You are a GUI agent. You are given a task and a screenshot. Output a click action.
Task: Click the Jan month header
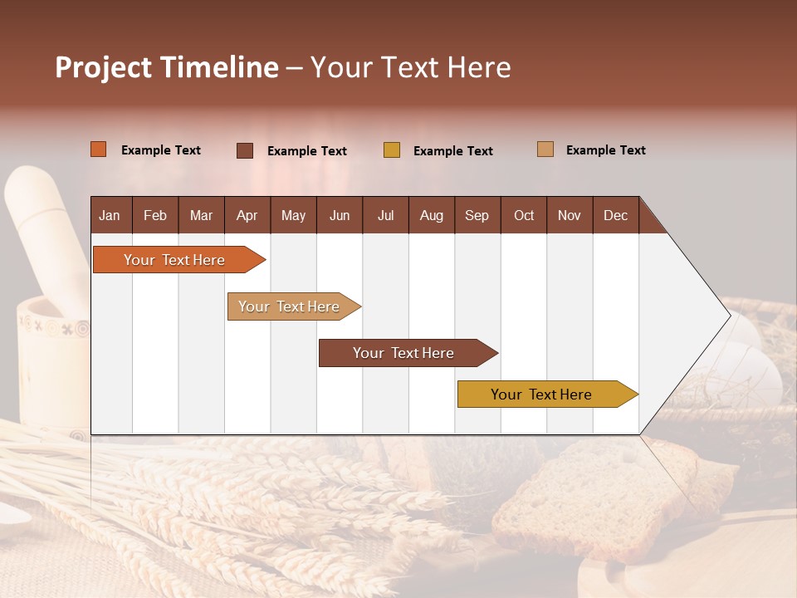click(x=110, y=216)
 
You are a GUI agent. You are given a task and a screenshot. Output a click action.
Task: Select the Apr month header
click(x=247, y=216)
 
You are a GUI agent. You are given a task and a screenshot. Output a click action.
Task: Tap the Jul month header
click(x=385, y=216)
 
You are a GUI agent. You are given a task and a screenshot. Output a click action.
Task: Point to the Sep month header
click(x=477, y=216)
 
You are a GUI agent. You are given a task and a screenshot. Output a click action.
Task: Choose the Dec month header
click(x=615, y=216)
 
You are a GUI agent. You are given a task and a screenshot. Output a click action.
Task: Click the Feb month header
click(x=155, y=216)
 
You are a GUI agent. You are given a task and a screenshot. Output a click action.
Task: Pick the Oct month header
click(x=524, y=216)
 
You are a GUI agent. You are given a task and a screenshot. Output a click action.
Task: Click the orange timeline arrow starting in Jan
click(x=174, y=260)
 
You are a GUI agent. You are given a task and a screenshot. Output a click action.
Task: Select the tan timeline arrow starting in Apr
click(x=290, y=306)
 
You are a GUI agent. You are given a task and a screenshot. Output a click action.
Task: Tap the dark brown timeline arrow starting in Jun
click(x=403, y=353)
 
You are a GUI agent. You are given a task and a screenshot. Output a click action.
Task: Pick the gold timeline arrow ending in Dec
click(x=542, y=395)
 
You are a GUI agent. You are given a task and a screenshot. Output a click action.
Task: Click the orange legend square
click(x=99, y=149)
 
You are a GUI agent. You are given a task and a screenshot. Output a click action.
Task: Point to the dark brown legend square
click(x=245, y=150)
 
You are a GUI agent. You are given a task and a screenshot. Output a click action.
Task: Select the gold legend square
click(x=392, y=150)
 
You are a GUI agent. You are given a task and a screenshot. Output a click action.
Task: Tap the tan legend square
click(x=545, y=149)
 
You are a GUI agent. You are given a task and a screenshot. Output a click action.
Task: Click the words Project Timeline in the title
click(x=167, y=67)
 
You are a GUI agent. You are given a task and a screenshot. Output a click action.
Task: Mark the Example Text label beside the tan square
click(x=605, y=150)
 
